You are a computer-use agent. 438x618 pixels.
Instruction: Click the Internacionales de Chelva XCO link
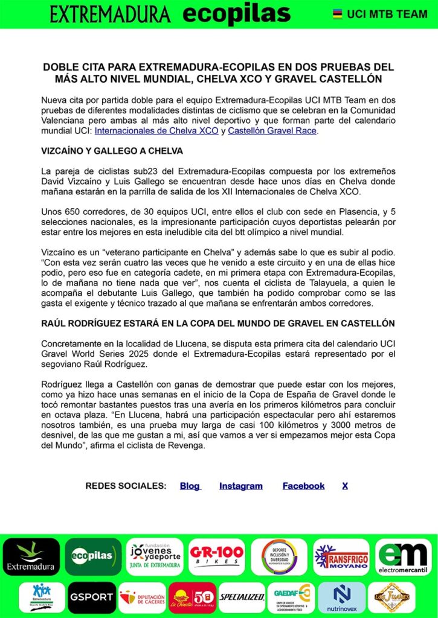click(x=156, y=130)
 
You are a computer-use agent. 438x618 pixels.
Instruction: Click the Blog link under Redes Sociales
click(x=190, y=486)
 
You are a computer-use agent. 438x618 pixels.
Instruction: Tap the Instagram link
click(x=240, y=486)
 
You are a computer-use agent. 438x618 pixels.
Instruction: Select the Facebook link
click(x=303, y=486)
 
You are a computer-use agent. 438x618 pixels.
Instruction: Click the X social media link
click(x=345, y=486)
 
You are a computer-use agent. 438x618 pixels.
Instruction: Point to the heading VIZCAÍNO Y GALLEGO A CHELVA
click(x=112, y=150)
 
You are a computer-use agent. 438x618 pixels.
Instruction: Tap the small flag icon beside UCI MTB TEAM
click(x=338, y=14)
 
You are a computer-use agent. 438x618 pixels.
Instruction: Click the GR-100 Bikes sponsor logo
click(x=217, y=556)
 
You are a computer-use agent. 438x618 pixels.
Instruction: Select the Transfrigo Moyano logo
click(x=341, y=556)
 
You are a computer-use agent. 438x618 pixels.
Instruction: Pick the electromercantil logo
click(x=404, y=556)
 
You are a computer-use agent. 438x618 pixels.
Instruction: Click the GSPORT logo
click(x=91, y=597)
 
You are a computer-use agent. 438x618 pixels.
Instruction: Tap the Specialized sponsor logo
click(x=242, y=597)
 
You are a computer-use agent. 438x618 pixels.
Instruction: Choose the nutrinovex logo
click(x=341, y=597)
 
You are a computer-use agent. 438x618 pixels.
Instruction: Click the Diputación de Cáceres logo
click(x=142, y=597)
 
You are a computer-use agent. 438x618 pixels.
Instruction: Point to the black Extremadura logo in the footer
click(x=31, y=556)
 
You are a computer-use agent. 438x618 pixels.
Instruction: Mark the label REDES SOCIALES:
click(x=126, y=486)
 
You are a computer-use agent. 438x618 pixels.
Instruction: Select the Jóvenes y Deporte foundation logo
click(x=155, y=556)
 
